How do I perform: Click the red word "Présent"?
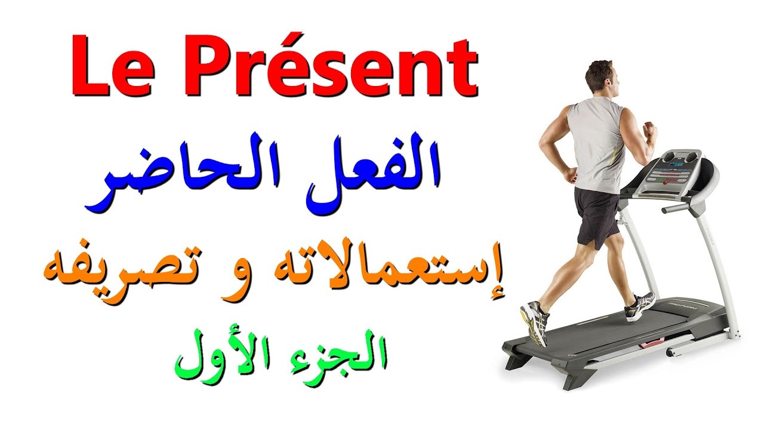pos(328,67)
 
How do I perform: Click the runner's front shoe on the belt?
pos(640,305)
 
